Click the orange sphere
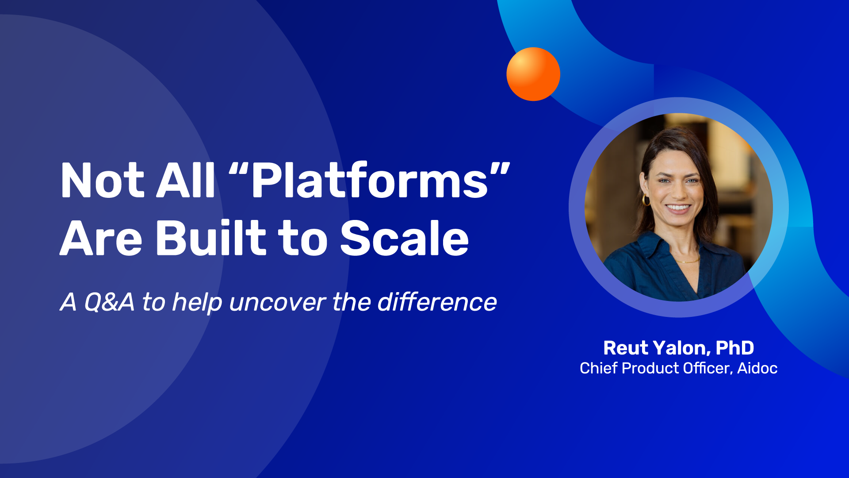(x=533, y=74)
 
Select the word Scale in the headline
(x=405, y=238)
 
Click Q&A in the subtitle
(x=109, y=302)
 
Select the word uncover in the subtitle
(x=278, y=303)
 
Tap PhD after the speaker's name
(x=735, y=348)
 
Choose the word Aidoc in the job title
(x=757, y=368)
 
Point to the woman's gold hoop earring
(x=646, y=200)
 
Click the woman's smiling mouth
(x=678, y=208)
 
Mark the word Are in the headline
(x=101, y=239)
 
